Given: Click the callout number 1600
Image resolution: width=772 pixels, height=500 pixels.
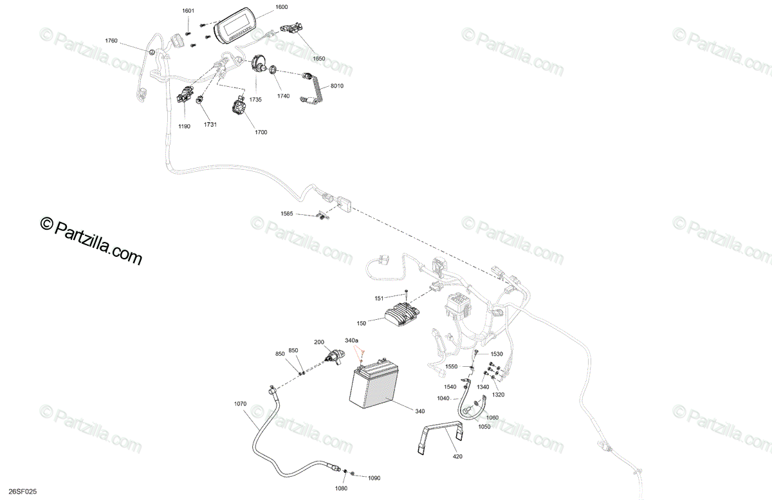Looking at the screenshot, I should tap(281, 7).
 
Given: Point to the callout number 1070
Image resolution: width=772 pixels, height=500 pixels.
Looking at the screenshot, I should tap(240, 404).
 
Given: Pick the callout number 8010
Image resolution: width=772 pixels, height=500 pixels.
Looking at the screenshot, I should tap(337, 86).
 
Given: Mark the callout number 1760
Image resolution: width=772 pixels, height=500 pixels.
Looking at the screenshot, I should tap(111, 41).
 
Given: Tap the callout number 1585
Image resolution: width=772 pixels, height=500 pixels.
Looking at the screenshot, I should tap(287, 213).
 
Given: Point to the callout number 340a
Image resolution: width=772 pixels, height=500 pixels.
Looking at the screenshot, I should tap(352, 340).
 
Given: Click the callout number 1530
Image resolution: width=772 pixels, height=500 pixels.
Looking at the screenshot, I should tap(497, 355).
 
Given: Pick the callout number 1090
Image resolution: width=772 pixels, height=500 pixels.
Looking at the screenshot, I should tap(374, 477).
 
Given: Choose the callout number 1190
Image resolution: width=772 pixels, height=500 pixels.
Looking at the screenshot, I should tap(184, 127).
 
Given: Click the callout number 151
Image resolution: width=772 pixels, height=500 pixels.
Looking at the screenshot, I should tap(379, 298).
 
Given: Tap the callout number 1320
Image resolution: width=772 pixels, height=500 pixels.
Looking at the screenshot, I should tap(499, 395).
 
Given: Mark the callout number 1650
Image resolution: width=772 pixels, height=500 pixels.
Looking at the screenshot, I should tap(319, 59).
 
